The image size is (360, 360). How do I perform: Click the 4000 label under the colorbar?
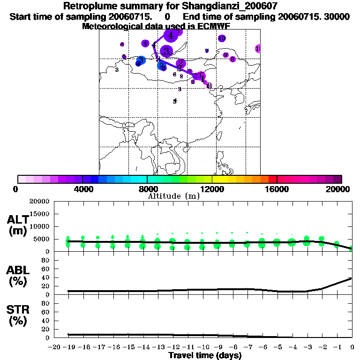click(82, 189)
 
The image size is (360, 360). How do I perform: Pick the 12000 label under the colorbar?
click(212, 189)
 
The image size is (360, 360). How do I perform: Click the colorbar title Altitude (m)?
click(174, 196)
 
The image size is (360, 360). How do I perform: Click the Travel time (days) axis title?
click(205, 355)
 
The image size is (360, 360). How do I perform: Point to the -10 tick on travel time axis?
click(202, 347)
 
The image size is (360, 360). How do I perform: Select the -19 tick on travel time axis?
click(68, 347)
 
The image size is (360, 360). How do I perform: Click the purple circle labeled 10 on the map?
click(222, 38)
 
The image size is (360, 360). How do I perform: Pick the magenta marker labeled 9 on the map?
click(225, 55)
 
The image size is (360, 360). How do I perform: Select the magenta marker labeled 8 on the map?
click(232, 59)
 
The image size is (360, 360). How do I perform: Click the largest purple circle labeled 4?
click(171, 35)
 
